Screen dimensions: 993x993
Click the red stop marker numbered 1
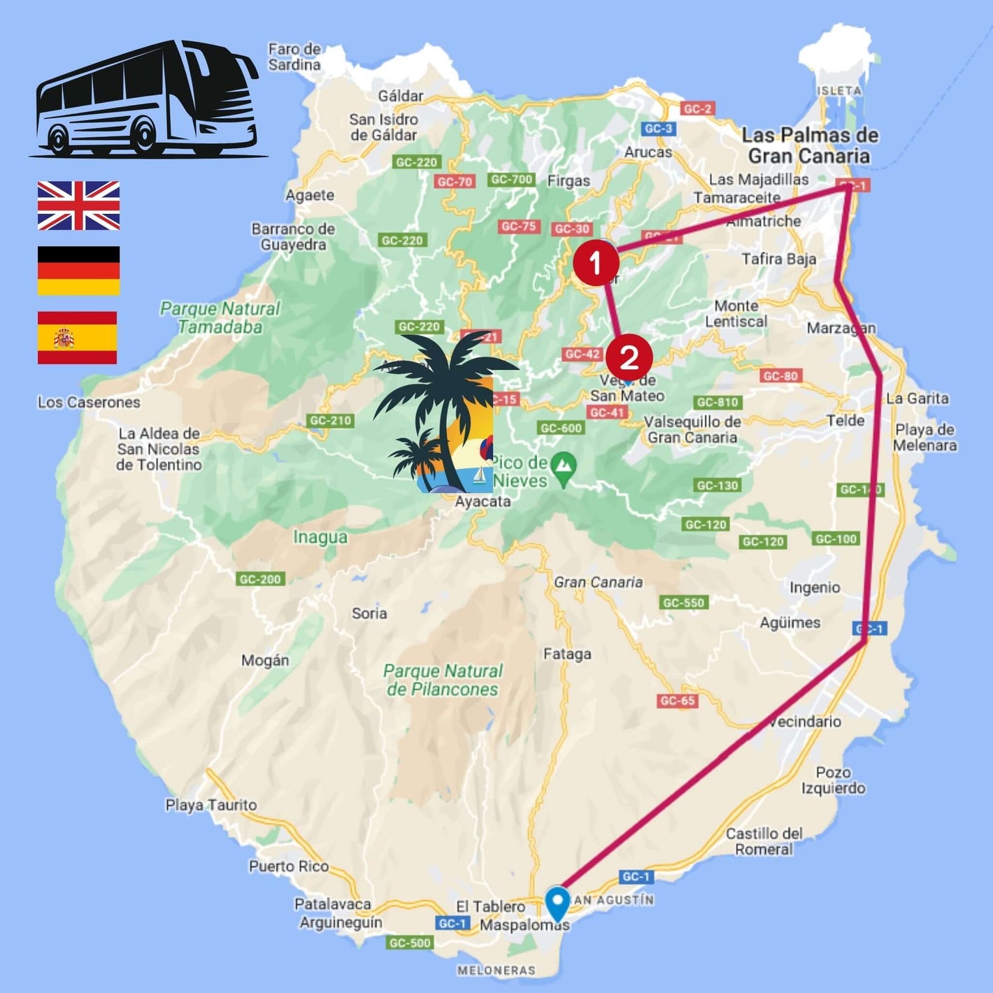(596, 264)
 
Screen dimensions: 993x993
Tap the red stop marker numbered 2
(629, 357)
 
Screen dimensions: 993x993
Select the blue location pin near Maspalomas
(557, 903)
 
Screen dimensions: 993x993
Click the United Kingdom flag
(78, 206)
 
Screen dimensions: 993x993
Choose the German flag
(78, 270)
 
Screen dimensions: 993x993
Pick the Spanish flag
(77, 338)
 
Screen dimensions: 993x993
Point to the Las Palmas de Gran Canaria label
(810, 145)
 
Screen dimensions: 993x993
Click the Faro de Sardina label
(294, 57)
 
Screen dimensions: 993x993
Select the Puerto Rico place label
(289, 866)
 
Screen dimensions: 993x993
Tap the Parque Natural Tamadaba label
(220, 317)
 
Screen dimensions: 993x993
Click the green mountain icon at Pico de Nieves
(563, 463)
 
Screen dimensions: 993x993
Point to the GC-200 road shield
(260, 579)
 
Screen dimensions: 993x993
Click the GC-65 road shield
(678, 701)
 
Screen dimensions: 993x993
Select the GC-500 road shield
(409, 943)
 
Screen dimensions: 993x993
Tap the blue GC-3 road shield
(658, 129)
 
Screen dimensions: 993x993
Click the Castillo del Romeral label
(764, 841)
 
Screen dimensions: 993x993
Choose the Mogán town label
(265, 660)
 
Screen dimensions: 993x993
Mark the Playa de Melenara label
(924, 437)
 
